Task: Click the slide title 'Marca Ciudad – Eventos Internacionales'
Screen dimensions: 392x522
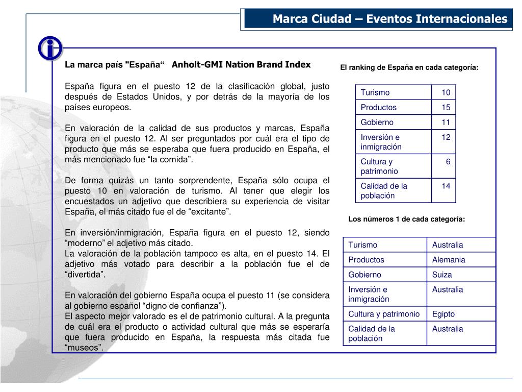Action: [x=390, y=19]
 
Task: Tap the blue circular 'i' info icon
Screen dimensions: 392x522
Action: [x=50, y=48]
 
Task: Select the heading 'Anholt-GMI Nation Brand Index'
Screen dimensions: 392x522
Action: [x=241, y=65]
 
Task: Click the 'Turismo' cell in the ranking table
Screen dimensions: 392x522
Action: [x=375, y=92]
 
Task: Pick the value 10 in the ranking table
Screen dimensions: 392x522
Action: [x=446, y=92]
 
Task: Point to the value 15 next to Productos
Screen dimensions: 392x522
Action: [x=446, y=107]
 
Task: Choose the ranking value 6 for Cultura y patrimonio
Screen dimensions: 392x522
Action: [x=448, y=161]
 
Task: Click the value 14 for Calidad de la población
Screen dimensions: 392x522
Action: [x=446, y=186]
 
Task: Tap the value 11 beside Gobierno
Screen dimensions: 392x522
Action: [x=446, y=122]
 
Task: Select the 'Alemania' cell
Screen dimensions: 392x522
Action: [x=449, y=260]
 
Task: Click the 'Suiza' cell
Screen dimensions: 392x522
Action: [x=442, y=275]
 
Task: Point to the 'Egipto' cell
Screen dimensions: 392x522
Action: [x=443, y=314]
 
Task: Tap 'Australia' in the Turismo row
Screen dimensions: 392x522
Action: [x=448, y=245]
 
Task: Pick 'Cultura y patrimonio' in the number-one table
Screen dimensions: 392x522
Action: [x=384, y=314]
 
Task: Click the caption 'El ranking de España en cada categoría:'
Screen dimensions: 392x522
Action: [x=409, y=67]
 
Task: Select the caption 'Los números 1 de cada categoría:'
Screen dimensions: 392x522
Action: [x=407, y=219]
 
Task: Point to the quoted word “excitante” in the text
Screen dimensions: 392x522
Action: [x=210, y=212]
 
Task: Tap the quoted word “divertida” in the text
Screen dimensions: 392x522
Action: [x=85, y=275]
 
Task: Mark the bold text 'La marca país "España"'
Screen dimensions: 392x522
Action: [x=115, y=65]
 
